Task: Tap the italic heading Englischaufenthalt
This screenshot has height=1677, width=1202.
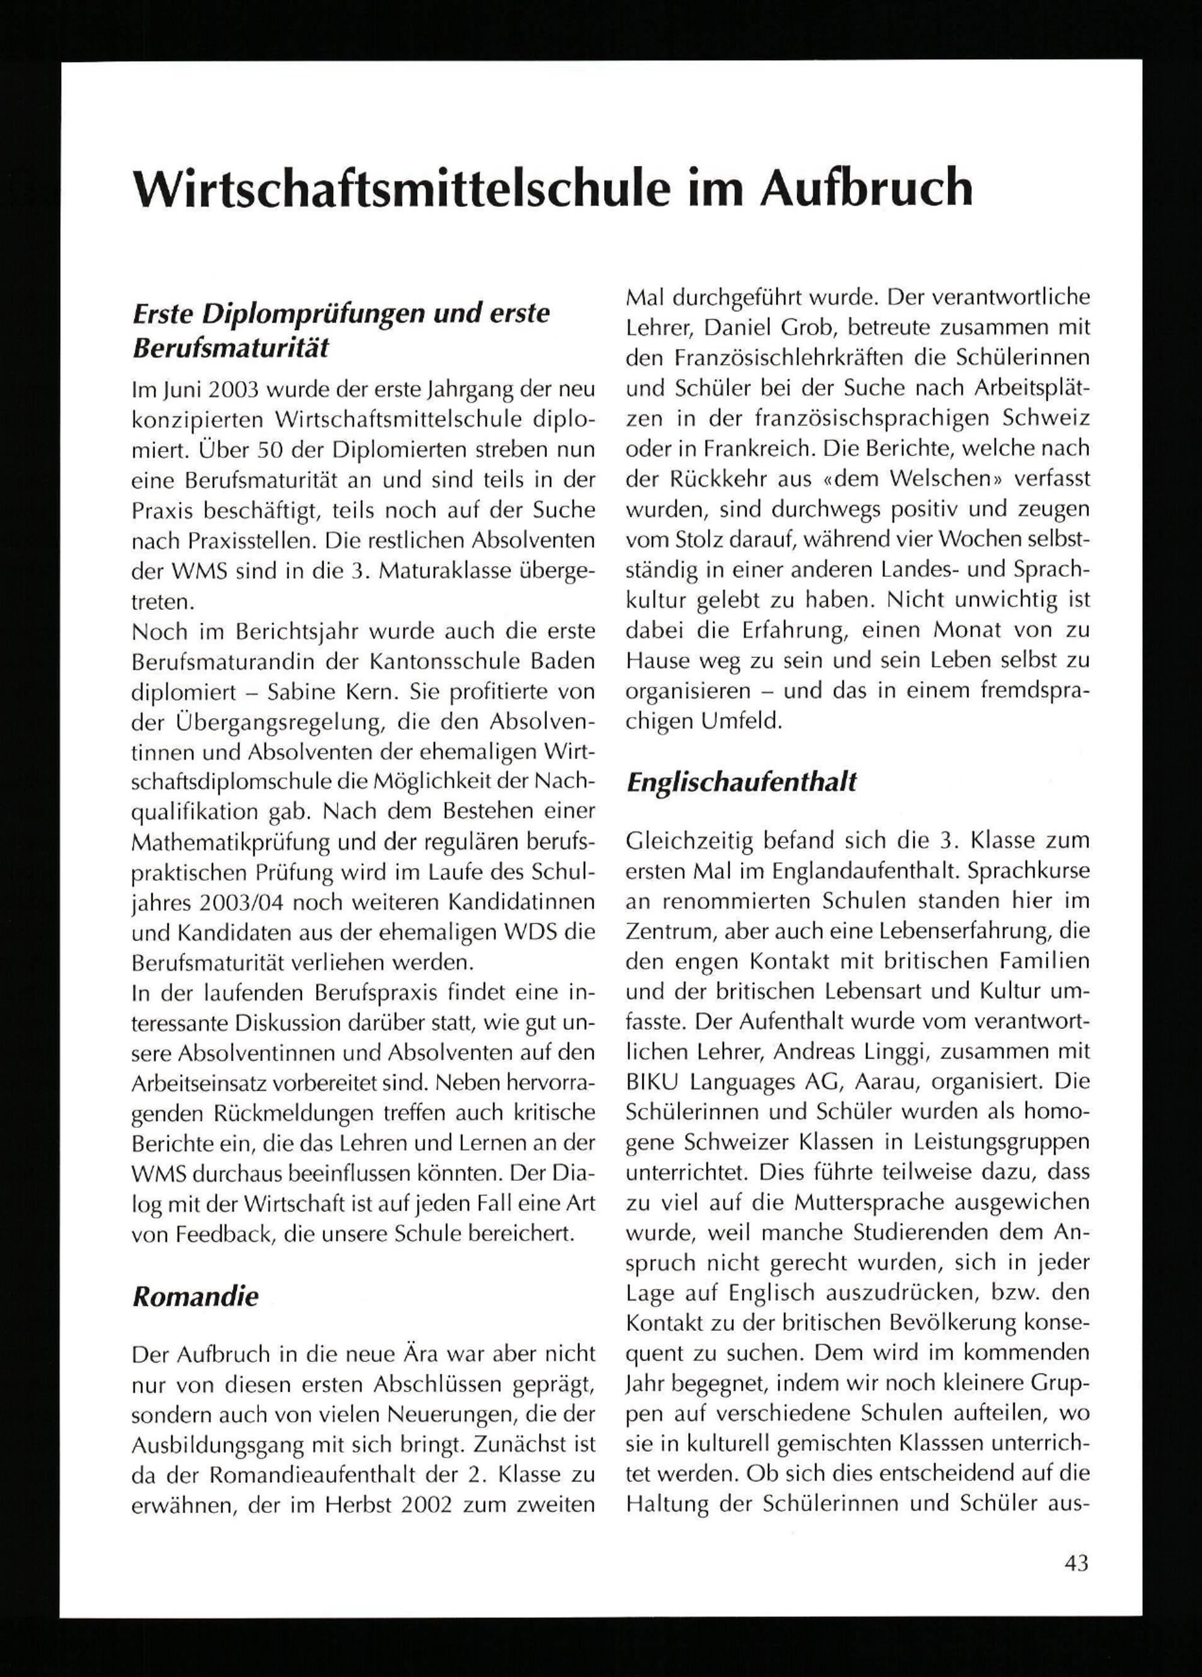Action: (741, 782)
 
